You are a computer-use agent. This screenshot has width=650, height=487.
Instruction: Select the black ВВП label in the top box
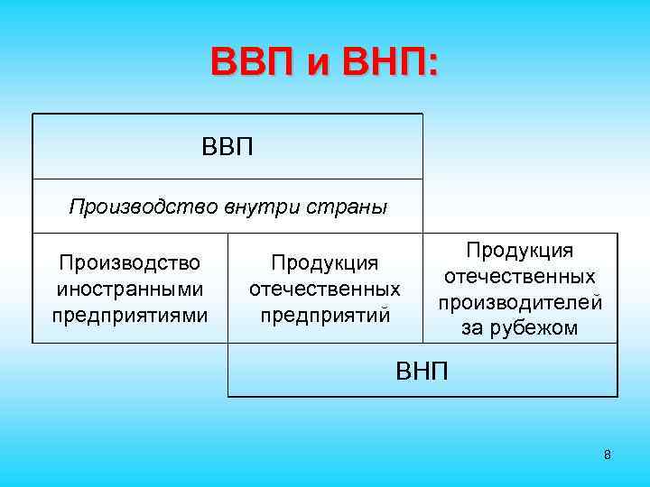(227, 145)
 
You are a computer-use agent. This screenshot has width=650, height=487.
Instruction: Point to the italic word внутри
(264, 207)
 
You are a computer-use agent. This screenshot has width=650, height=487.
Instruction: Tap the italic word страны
(350, 207)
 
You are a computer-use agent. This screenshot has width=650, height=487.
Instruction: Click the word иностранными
(129, 289)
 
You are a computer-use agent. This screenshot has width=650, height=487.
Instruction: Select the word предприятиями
(129, 315)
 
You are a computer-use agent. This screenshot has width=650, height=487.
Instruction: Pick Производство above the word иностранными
(129, 262)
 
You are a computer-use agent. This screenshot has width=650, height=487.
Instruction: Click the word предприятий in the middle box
(325, 315)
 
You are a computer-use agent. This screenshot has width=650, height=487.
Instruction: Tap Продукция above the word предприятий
(325, 262)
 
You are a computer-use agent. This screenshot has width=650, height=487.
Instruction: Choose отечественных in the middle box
(325, 289)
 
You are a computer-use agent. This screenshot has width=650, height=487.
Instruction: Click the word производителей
(520, 302)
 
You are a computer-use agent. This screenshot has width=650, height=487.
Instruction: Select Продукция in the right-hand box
(520, 250)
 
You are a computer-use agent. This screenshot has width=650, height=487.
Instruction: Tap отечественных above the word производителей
(520, 276)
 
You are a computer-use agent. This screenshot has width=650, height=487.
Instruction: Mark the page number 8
(608, 455)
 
